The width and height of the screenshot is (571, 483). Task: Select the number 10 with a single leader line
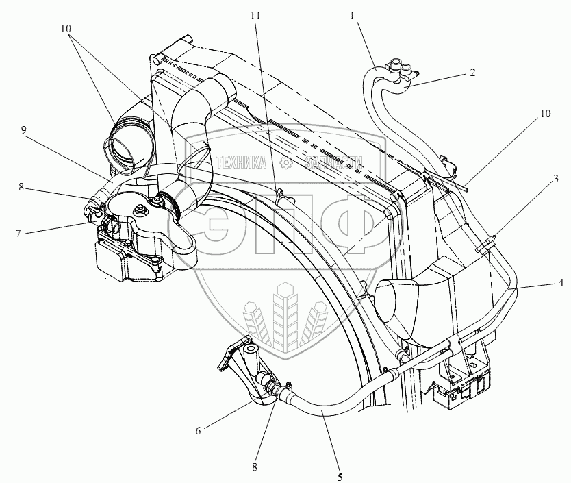[x=544, y=114]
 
